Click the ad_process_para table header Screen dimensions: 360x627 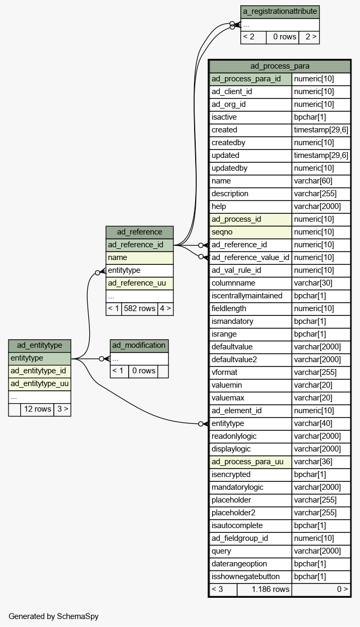point(280,66)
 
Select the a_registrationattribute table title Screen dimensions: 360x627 point(280,12)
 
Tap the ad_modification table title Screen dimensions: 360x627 point(139,346)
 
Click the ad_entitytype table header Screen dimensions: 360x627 point(39,346)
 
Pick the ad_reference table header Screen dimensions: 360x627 point(140,232)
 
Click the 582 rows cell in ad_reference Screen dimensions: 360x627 point(140,308)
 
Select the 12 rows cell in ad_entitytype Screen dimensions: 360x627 point(37,409)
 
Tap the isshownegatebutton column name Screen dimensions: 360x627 point(246,576)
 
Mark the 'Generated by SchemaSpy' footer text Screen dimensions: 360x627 point(54,616)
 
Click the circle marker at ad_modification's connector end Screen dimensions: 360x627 point(102,358)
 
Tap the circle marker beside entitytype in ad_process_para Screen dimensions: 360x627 point(201,424)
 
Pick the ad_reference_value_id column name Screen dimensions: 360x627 point(250,257)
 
